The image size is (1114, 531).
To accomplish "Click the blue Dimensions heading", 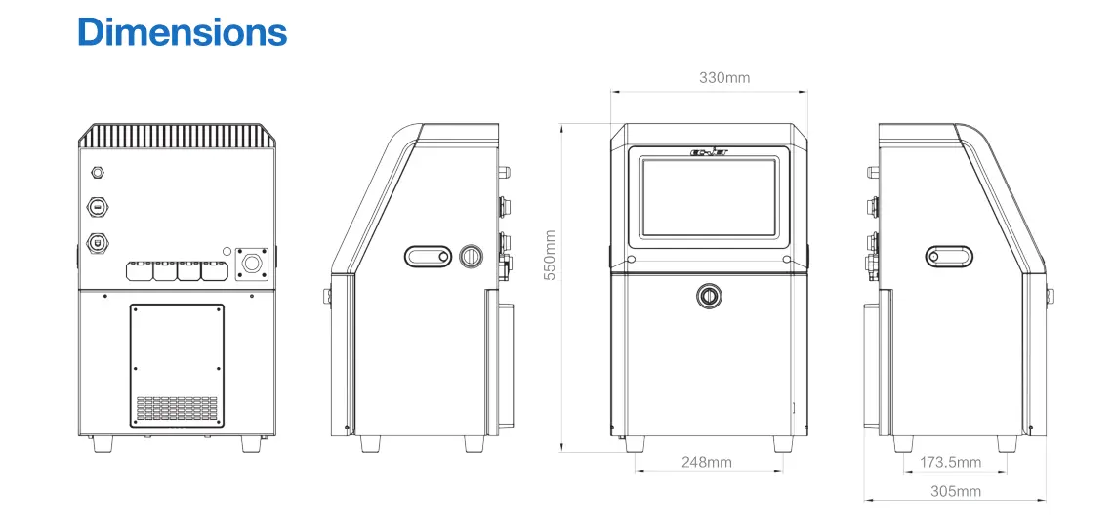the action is (183, 32).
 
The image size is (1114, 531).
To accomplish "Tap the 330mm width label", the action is (724, 78).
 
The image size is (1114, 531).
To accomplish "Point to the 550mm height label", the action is (550, 255).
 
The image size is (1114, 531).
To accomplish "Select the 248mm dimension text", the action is (706, 462).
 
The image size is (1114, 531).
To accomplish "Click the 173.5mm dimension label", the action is (951, 462).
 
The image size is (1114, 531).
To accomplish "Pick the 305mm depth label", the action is (956, 491).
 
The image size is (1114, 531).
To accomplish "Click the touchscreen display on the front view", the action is (709, 197).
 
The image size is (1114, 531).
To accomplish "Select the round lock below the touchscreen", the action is (708, 296).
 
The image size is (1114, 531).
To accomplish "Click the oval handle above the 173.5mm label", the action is (949, 257).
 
